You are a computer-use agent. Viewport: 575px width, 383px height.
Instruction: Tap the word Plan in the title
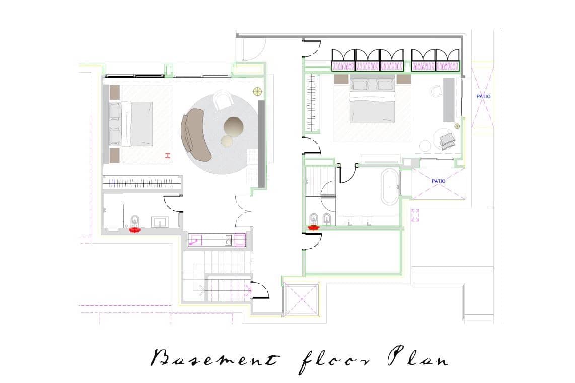pos(418,357)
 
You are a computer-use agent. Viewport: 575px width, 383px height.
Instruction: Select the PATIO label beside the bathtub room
pos(438,181)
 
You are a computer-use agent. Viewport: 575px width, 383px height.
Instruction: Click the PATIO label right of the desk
pos(483,97)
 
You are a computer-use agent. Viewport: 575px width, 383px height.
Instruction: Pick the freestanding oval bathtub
pos(390,187)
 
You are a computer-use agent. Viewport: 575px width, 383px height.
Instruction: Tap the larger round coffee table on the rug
pos(234,127)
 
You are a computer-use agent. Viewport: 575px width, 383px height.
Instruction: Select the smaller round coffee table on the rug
pos(227,141)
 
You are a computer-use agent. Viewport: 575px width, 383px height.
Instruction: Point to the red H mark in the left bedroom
pos(168,156)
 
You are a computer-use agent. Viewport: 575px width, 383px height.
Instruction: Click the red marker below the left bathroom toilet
pos(135,230)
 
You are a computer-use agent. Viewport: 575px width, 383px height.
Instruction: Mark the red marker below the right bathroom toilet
pos(314,227)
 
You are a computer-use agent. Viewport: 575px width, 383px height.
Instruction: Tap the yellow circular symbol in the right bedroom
pos(457,126)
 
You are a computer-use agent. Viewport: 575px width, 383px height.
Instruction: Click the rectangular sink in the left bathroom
pos(160,222)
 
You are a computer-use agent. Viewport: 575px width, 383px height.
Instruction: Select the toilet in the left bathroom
pos(135,221)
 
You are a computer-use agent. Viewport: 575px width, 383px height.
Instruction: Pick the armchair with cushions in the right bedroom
pos(445,139)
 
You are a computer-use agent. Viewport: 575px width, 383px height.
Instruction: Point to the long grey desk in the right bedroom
pos(449,100)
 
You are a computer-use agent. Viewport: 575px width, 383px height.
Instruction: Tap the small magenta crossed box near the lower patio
pos(415,215)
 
